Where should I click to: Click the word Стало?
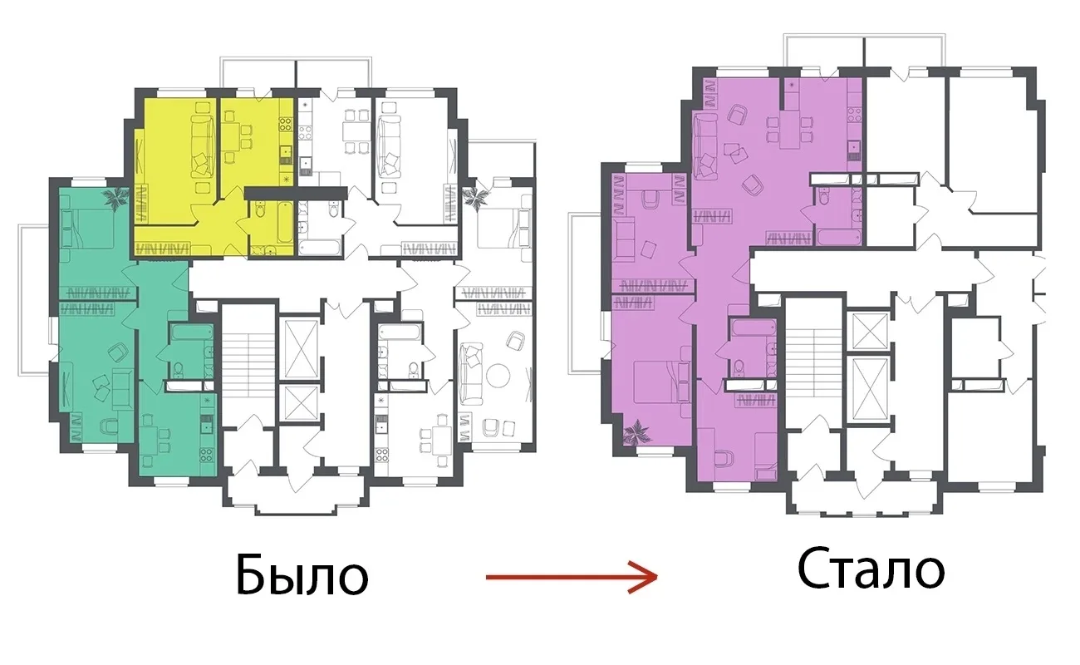[871, 569]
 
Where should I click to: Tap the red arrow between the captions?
[572, 577]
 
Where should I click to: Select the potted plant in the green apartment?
[115, 198]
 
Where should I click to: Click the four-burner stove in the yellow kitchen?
[286, 124]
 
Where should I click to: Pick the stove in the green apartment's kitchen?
[207, 454]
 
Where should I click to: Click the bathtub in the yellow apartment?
[286, 223]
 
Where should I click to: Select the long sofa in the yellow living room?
[203, 146]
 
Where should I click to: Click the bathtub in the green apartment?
[192, 332]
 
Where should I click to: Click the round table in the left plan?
[498, 377]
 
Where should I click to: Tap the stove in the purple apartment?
[854, 114]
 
